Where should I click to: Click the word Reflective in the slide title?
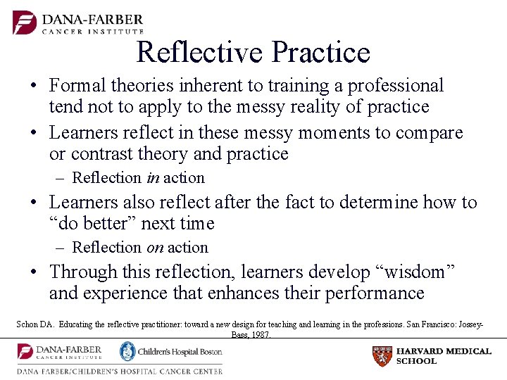click(199, 52)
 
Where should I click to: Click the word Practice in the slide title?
click(320, 52)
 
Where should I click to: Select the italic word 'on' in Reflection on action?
click(154, 248)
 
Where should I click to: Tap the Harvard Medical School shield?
click(382, 356)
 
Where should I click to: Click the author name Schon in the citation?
click(29, 325)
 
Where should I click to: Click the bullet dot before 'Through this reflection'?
click(34, 272)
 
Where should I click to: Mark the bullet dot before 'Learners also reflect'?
click(34, 203)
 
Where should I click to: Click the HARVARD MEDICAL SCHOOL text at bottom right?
click(444, 356)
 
